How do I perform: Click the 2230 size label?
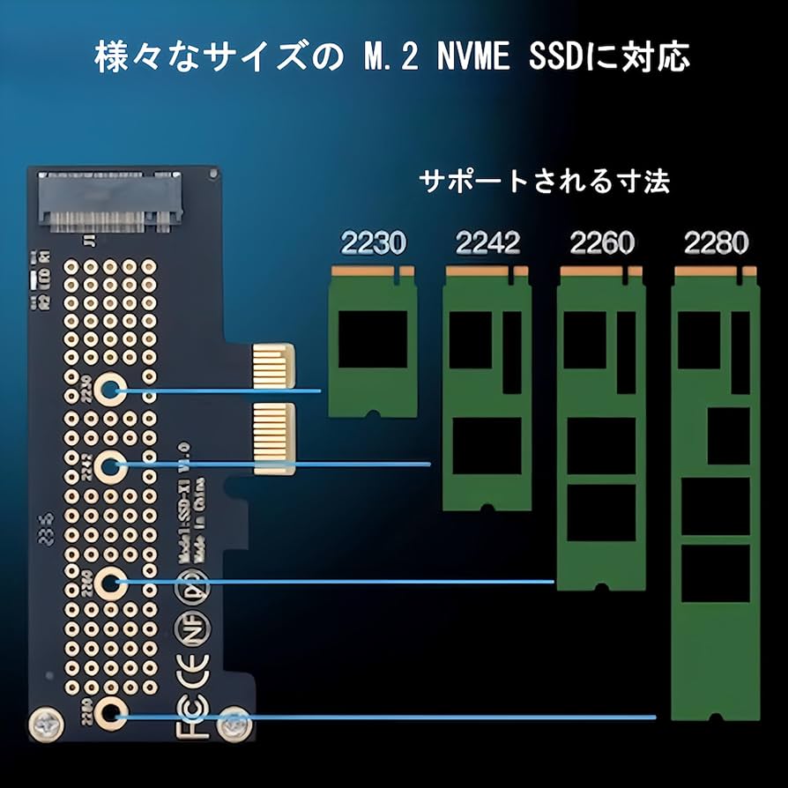[373, 242]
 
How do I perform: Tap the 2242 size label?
[487, 242]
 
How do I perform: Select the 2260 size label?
[602, 242]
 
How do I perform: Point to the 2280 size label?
[716, 242]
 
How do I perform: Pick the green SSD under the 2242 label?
[486, 388]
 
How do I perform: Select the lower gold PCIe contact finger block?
[272, 441]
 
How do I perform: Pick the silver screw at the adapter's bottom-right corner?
[231, 725]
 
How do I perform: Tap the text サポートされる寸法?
[544, 182]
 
